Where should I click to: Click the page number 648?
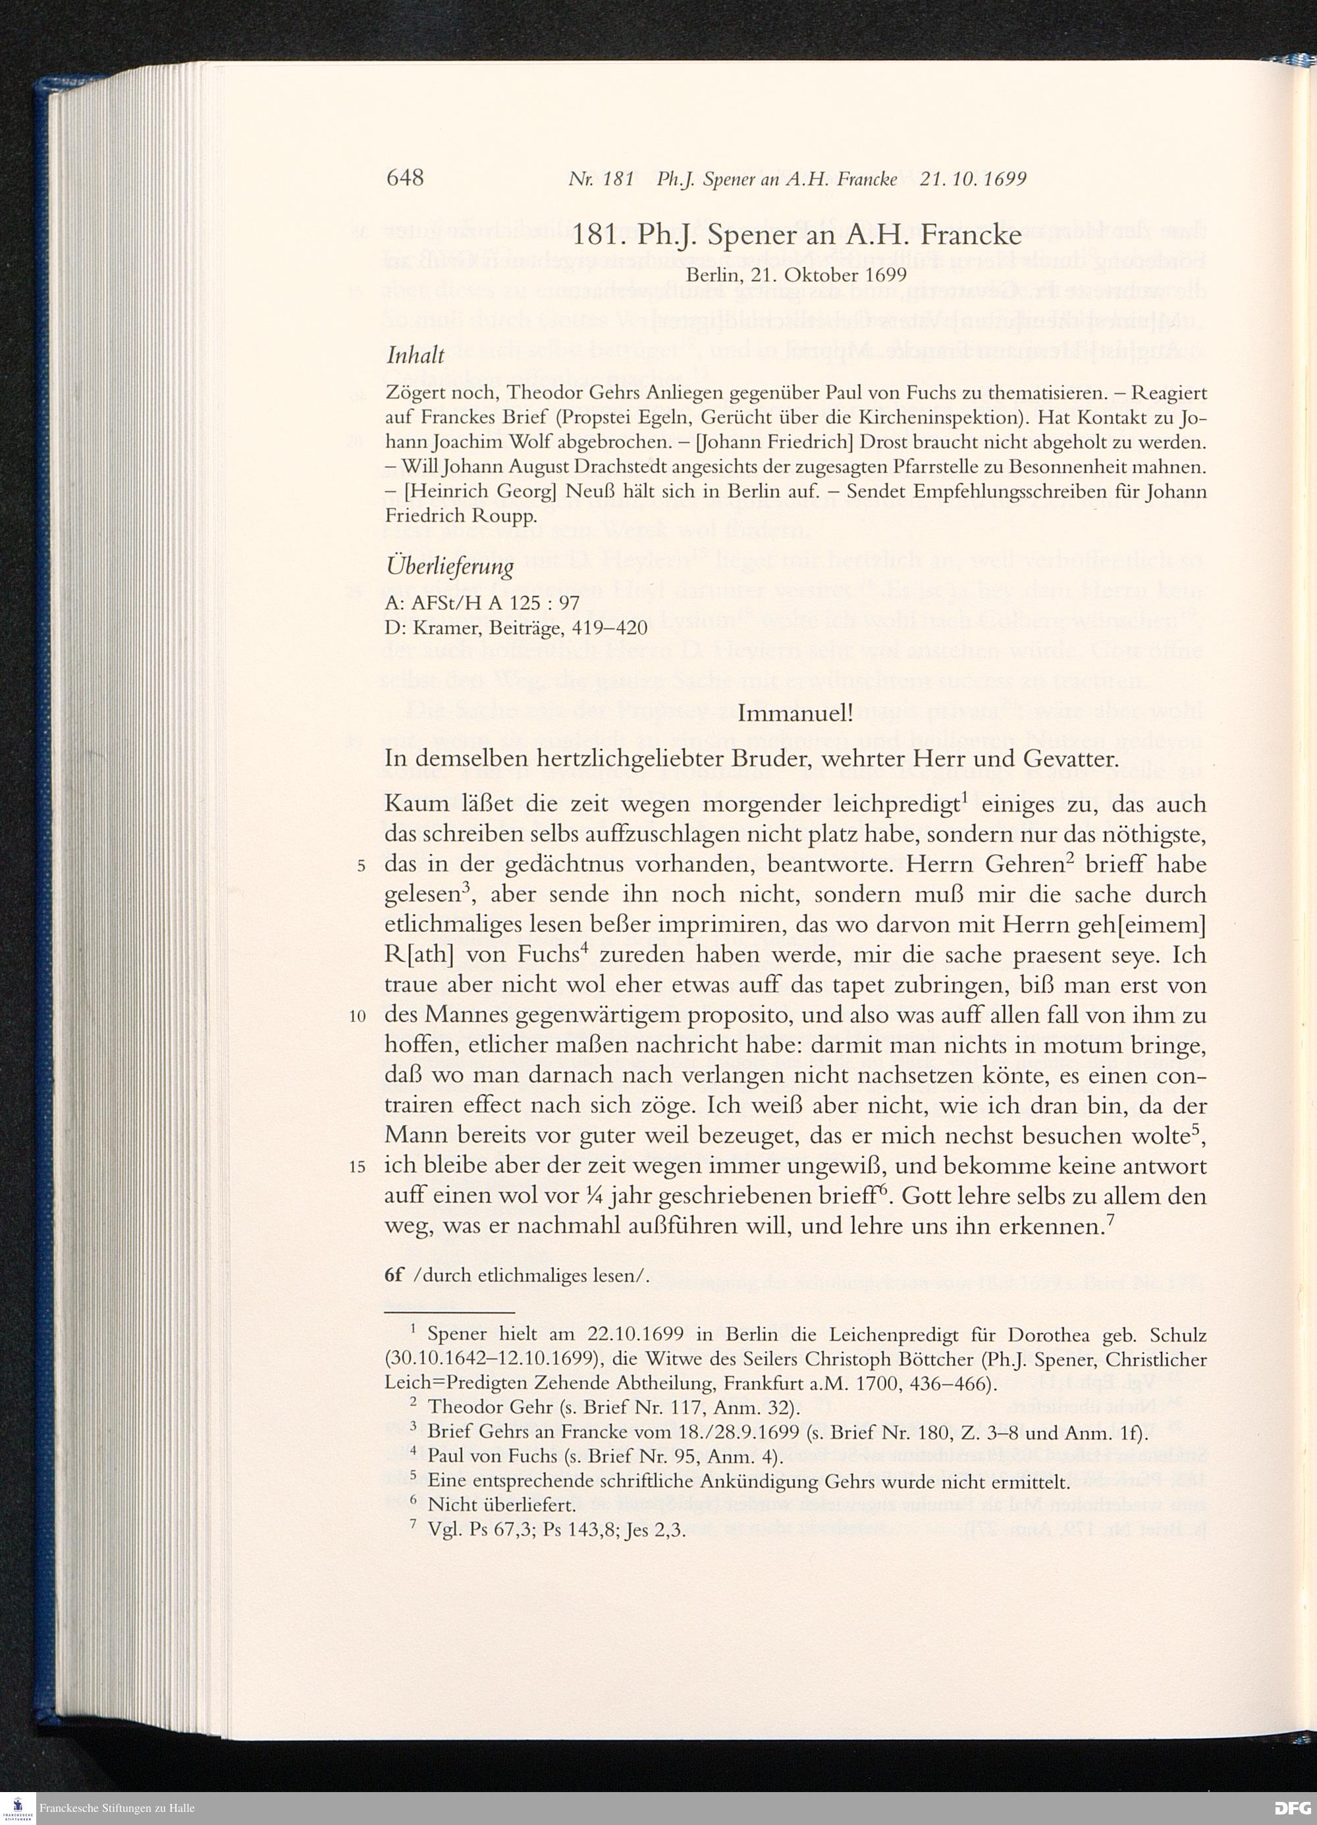(405, 178)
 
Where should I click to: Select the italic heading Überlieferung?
(450, 567)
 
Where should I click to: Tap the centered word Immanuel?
(795, 714)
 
